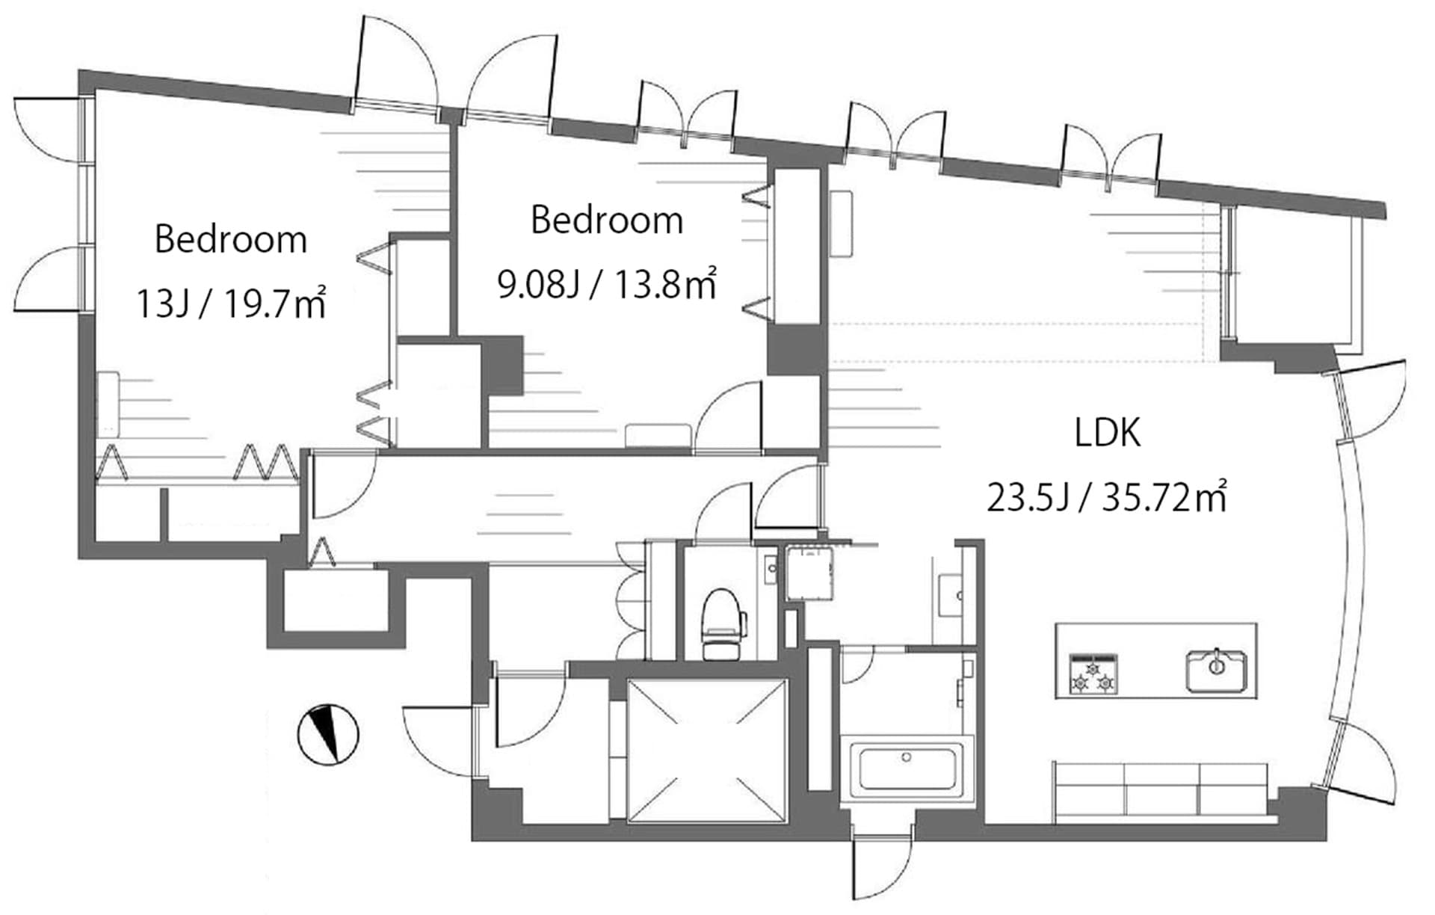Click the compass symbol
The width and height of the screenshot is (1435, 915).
(328, 734)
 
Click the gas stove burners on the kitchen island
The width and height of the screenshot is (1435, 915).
(1093, 674)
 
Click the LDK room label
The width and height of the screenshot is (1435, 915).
(1107, 433)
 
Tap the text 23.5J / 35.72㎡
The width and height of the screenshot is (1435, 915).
(1106, 497)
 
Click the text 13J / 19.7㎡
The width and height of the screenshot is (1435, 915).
(230, 304)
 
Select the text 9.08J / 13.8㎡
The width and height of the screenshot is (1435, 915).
(607, 285)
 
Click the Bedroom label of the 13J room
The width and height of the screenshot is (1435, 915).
(230, 240)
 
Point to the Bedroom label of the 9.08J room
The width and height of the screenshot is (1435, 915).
(607, 221)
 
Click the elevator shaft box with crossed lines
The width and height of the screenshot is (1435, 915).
(707, 751)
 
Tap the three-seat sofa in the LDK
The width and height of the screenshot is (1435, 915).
(1160, 789)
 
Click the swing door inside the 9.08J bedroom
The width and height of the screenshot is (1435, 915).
(729, 419)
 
